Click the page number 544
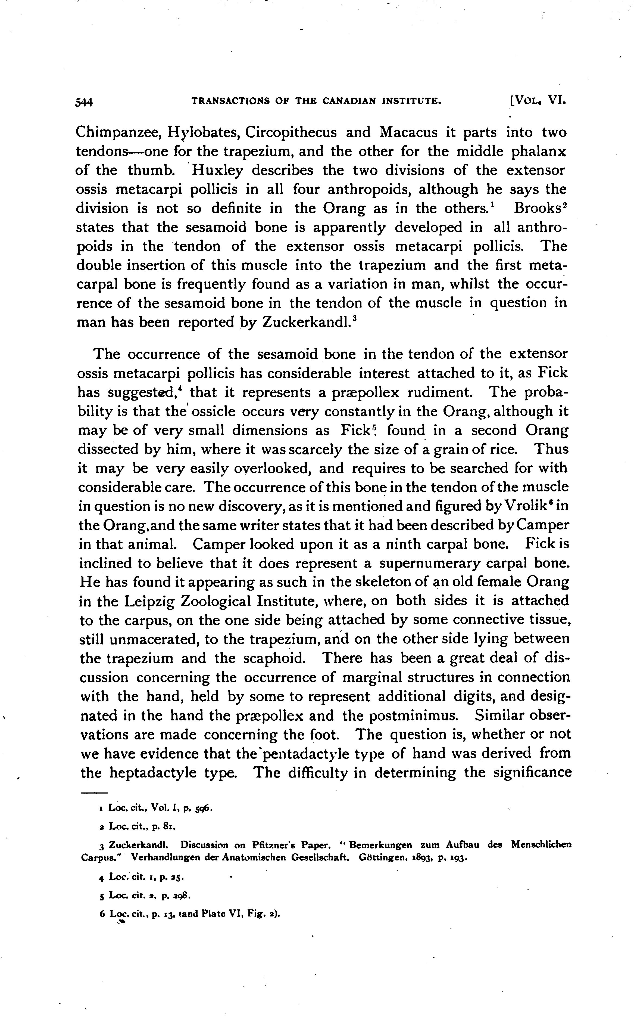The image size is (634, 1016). click(84, 102)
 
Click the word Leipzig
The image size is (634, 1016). click(149, 602)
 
